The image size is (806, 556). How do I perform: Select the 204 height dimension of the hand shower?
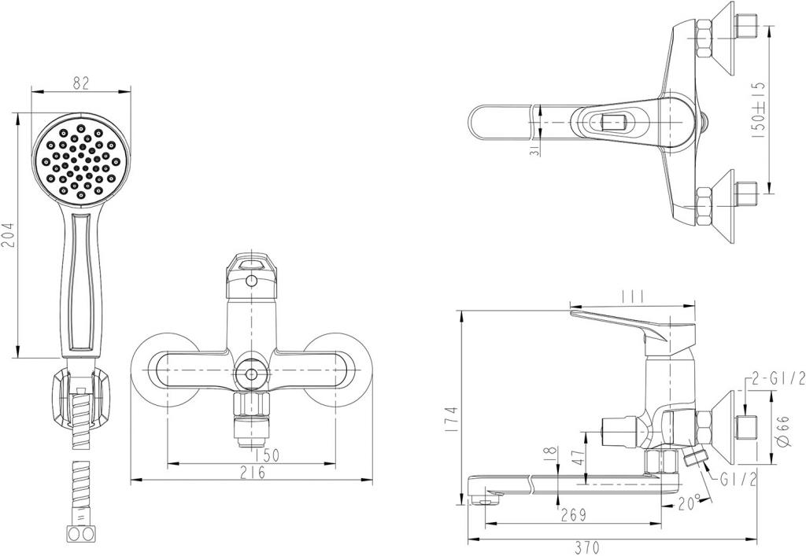pos(8,234)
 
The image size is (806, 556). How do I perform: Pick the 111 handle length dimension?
pos(633,296)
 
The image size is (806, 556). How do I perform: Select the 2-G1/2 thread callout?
pos(778,380)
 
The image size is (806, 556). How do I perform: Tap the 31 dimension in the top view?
pos(535,147)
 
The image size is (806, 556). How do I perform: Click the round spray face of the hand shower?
pos(79,157)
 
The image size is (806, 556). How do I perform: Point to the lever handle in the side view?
pos(622,322)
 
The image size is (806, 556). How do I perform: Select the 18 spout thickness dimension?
pos(550,453)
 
